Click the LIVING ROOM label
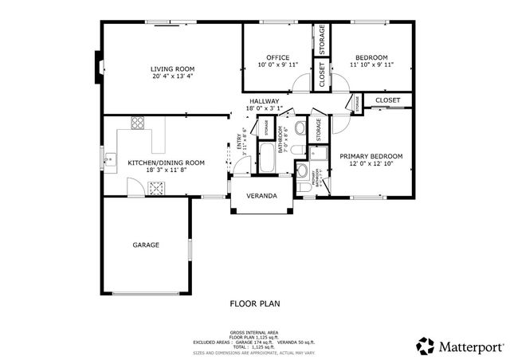[172, 68]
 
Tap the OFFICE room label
[277, 57]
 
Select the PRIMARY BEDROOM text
[371, 156]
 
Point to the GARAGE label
[146, 245]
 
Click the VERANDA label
[261, 195]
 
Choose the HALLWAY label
[264, 102]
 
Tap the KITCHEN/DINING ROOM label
[166, 162]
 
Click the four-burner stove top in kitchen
[138, 123]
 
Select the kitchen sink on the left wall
[112, 160]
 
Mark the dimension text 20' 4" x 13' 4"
[172, 77]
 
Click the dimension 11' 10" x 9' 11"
[371, 65]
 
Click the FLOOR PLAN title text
[254, 303]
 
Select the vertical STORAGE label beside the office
[322, 40]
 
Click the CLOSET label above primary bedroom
[387, 100]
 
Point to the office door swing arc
[300, 82]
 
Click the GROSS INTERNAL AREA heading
[253, 331]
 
